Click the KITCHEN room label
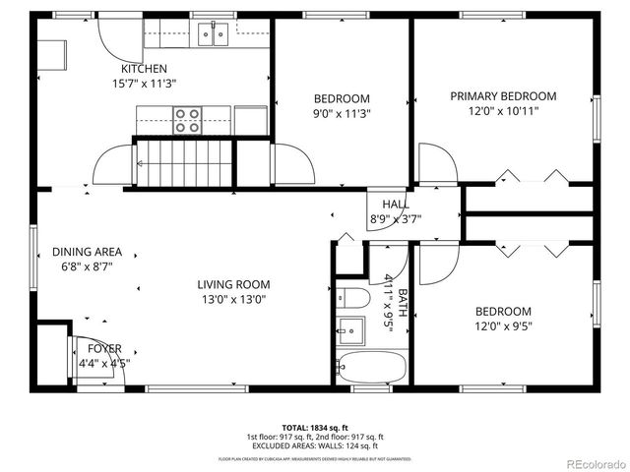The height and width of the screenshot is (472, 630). tap(144, 69)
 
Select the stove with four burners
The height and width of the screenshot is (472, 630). tap(187, 120)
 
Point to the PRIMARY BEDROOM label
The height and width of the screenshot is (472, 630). tap(502, 96)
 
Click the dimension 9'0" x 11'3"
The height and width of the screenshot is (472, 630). tap(342, 113)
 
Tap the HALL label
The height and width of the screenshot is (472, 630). tap(384, 204)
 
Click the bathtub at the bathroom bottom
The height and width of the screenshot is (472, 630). tap(369, 368)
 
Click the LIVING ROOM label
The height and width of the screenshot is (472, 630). tap(233, 284)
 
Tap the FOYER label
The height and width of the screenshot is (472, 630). tap(105, 349)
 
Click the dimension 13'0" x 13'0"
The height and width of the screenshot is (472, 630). tap(233, 299)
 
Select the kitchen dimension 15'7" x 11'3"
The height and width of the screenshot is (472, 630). tap(144, 84)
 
